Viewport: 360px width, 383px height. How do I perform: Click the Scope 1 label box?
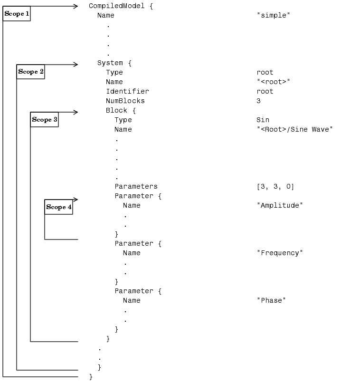coord(17,14)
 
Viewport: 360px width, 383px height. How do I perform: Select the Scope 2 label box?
coord(31,72)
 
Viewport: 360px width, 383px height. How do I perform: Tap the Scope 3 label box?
coord(45,120)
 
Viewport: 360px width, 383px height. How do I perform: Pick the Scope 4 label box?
coord(59,207)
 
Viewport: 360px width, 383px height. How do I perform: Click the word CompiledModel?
coord(114,6)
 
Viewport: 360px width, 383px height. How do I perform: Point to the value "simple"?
coord(273,15)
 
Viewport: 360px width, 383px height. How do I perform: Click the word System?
coord(110,63)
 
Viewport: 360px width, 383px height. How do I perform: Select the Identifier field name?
coord(127,91)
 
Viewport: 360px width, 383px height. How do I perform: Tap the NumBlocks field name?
coord(125,101)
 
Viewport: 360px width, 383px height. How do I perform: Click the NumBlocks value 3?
coord(258,101)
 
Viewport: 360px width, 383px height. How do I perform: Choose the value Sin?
coord(263,120)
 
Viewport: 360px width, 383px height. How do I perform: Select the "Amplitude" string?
coord(280,205)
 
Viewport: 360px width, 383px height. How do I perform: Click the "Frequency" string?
coord(280,253)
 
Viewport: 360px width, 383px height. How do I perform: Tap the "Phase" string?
coord(271,300)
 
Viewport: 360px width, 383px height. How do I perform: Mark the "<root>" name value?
coord(273,82)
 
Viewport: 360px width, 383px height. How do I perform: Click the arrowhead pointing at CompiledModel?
coord(76,6)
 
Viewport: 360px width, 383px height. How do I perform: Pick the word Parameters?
coord(136,186)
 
